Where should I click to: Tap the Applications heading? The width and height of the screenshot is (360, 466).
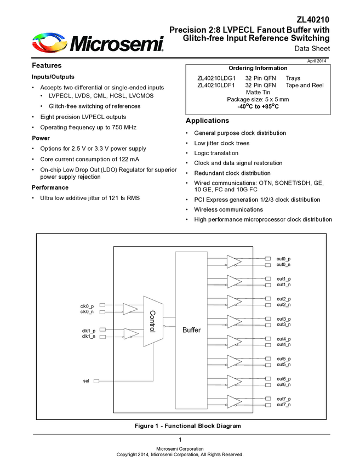tap(207, 120)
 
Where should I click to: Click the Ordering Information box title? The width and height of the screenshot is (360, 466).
tap(258, 68)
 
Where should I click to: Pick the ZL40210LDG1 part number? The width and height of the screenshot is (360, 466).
tap(216, 78)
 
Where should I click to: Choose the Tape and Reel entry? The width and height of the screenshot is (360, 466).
tap(305, 85)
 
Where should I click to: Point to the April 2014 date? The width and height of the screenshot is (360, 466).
tap(317, 60)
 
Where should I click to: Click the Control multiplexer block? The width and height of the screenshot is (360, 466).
tap(153, 321)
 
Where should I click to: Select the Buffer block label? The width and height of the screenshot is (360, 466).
tap(192, 330)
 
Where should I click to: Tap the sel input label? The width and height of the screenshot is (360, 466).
tap(86, 380)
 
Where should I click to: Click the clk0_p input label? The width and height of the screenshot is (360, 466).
tap(87, 306)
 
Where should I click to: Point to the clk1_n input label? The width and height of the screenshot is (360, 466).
tap(88, 336)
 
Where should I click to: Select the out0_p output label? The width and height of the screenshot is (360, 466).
tap(284, 259)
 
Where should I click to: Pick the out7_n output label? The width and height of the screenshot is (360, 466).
tap(284, 405)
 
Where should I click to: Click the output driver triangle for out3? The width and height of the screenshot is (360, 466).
tap(234, 322)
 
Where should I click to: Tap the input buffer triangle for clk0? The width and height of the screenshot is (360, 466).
tap(130, 309)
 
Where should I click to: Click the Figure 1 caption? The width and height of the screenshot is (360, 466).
tap(187, 425)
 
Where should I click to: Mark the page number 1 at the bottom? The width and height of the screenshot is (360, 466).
tap(180, 440)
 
